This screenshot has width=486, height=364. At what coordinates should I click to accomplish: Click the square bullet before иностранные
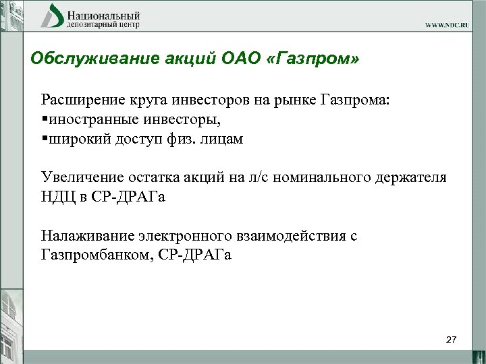click(45, 121)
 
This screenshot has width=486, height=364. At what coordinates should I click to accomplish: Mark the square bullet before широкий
click(45, 140)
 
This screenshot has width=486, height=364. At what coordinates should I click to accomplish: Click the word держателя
click(413, 178)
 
